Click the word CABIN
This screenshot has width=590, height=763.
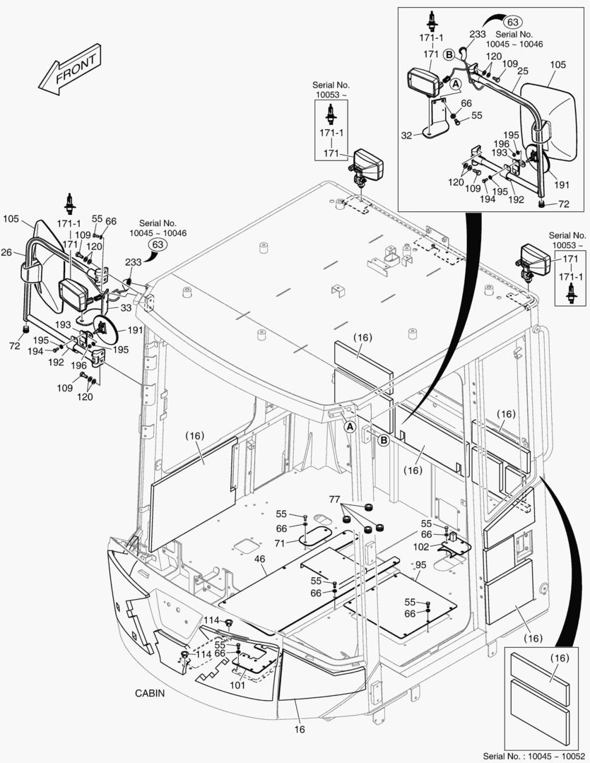[x=150, y=693]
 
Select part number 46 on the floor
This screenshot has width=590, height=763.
[x=259, y=559]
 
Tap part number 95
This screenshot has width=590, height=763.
[x=420, y=564]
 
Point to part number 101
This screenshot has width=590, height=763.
[x=237, y=684]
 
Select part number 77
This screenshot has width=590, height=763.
[x=334, y=499]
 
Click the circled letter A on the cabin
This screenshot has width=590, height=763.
[x=349, y=426]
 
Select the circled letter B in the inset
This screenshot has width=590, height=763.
[x=448, y=54]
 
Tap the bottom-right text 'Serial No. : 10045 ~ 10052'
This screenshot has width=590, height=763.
[x=535, y=755]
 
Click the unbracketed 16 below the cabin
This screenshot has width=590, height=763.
[x=300, y=729]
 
